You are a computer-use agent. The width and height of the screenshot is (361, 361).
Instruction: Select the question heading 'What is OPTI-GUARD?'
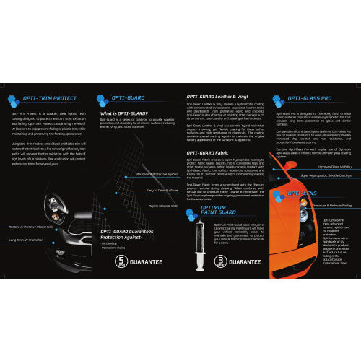click(123, 113)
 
